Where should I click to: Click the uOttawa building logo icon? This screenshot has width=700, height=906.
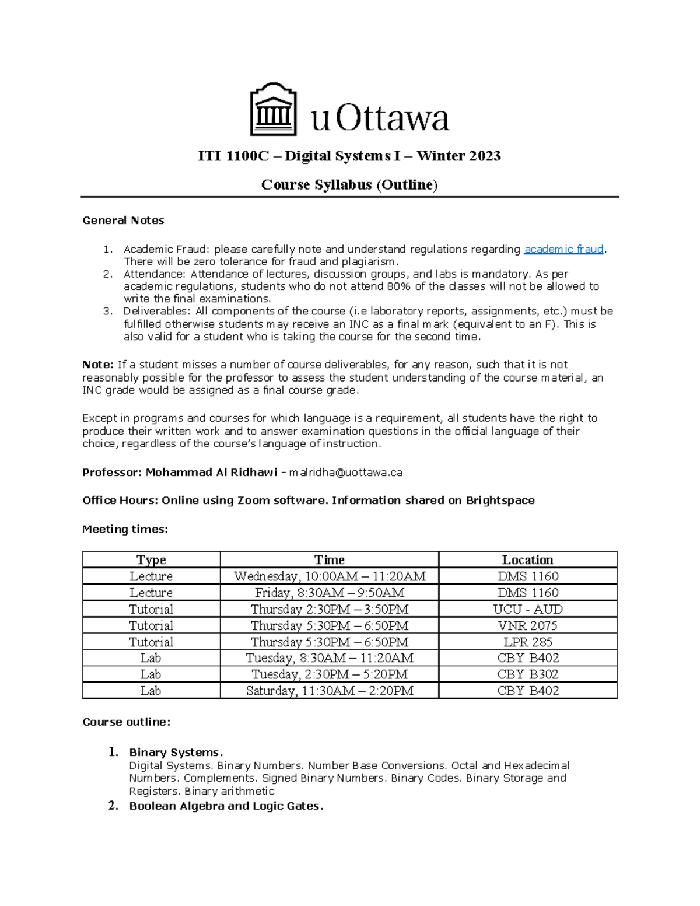point(273,110)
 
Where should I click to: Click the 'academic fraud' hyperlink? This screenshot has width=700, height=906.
point(563,249)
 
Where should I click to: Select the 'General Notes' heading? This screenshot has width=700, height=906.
point(123,221)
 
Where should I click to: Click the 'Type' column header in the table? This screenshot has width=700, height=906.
point(151,559)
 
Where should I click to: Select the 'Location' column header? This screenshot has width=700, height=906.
point(527,559)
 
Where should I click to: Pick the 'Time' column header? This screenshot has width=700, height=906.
point(329,559)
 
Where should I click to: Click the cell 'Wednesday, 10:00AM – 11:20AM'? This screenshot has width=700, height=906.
point(329,576)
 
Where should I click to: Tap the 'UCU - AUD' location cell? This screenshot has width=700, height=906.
point(527,609)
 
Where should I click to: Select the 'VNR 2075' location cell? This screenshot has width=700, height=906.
point(527,625)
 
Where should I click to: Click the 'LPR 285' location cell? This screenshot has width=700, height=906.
point(527,642)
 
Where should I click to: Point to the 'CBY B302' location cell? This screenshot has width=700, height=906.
point(527,674)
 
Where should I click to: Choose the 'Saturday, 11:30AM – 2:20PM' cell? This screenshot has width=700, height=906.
point(329,691)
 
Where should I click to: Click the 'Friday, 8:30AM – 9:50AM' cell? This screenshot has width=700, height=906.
point(329,593)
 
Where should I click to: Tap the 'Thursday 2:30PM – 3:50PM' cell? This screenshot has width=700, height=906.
point(329,609)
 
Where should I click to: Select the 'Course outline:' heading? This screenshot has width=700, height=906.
point(127,722)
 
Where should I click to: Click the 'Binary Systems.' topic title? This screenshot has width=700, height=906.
point(176,753)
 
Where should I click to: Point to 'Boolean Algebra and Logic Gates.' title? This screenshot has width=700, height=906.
point(226,806)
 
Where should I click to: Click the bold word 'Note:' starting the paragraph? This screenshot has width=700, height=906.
point(98,365)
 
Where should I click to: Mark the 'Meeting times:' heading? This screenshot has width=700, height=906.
point(125,530)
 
